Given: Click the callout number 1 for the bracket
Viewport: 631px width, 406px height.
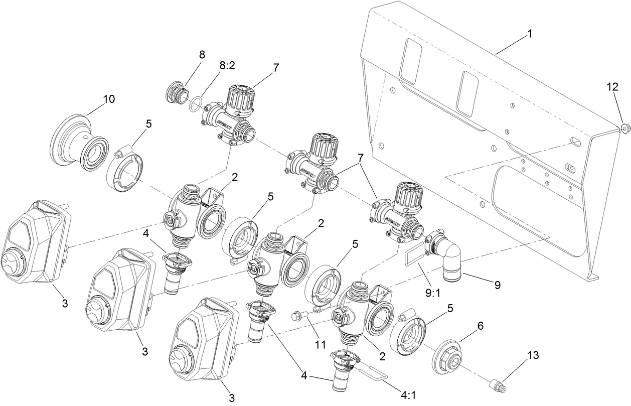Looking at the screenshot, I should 529,35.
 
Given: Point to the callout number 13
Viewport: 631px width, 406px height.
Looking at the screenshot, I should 532,356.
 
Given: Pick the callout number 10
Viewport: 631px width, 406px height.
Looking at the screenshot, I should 109,99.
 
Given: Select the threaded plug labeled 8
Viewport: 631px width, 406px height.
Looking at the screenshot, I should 177,93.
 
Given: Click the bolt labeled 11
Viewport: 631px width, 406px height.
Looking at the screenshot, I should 299,316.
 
